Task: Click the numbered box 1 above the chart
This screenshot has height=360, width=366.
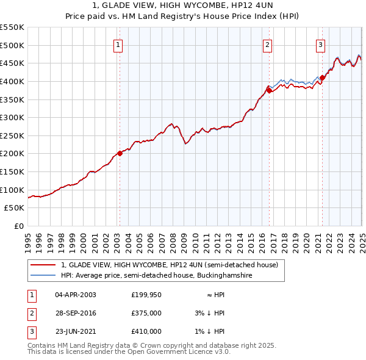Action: pos(117,44)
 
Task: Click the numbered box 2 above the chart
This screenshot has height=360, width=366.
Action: pos(268,44)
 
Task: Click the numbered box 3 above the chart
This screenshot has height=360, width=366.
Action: pos(320,44)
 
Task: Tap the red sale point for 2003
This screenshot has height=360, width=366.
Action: pos(120,153)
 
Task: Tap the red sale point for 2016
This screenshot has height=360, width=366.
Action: pos(269,90)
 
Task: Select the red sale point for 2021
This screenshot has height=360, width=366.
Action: pos(322,77)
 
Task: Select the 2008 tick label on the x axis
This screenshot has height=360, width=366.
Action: pos(173,238)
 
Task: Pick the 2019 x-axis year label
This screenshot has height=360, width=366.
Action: pos(295,238)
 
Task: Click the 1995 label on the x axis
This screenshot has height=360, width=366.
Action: pos(28,238)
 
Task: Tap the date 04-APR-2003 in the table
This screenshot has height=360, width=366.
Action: pos(75,295)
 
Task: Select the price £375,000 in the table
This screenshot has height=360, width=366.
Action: pos(146,313)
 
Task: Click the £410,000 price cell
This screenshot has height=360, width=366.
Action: pos(146,331)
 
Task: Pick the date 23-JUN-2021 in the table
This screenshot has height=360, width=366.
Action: pos(76,331)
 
